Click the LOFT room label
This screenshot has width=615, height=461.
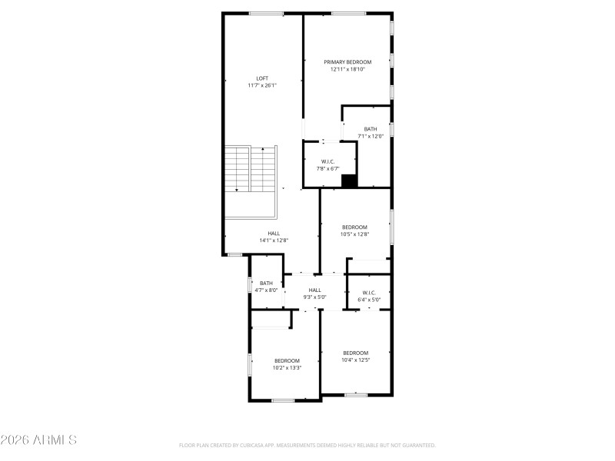pyautogui.click(x=262, y=78)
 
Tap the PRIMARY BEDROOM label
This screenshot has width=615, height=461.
pyautogui.click(x=347, y=62)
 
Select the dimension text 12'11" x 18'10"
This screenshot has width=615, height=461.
pyautogui.click(x=347, y=69)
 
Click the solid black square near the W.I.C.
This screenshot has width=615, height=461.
pyautogui.click(x=349, y=181)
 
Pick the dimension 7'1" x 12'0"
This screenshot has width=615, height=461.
pyautogui.click(x=371, y=136)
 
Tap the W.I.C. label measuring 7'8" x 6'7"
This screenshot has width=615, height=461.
pyautogui.click(x=327, y=161)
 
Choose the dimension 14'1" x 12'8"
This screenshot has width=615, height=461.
pyautogui.click(x=274, y=240)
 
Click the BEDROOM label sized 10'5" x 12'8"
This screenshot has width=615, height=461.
pyautogui.click(x=354, y=227)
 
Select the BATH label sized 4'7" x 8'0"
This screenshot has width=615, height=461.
pyautogui.click(x=266, y=284)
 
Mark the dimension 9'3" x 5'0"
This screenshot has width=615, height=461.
pyautogui.click(x=315, y=297)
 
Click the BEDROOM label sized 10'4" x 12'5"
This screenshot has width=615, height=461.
pyautogui.click(x=356, y=353)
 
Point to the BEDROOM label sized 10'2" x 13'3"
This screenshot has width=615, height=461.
pyautogui.click(x=287, y=360)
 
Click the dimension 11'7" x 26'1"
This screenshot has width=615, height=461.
pyautogui.click(x=262, y=85)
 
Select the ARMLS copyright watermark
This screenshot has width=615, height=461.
pyautogui.click(x=38, y=440)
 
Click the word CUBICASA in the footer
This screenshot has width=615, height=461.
pyautogui.click(x=261, y=445)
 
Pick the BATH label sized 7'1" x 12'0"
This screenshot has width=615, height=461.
pyautogui.click(x=371, y=129)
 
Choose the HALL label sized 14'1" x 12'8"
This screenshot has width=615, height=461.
pyautogui.click(x=274, y=234)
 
